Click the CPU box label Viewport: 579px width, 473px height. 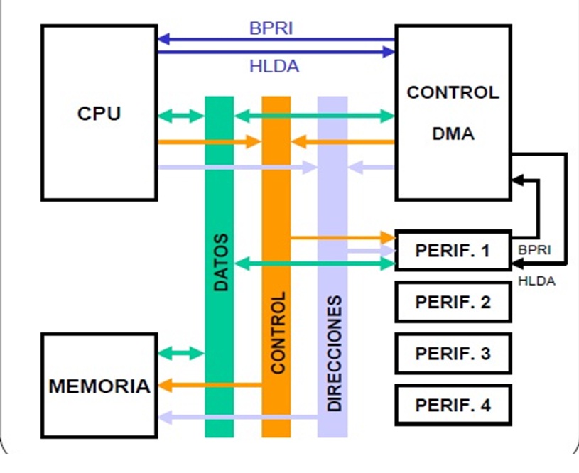pyautogui.click(x=99, y=113)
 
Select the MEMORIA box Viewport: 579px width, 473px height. pyautogui.click(x=99, y=386)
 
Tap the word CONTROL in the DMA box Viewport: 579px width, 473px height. pyautogui.click(x=453, y=92)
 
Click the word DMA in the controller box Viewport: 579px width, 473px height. pyautogui.click(x=453, y=133)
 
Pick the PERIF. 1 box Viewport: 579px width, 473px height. pyautogui.click(x=453, y=251)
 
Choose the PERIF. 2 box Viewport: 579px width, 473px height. pyautogui.click(x=453, y=302)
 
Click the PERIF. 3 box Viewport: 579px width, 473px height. pyautogui.click(x=453, y=353)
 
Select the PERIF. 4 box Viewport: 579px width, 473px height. pyautogui.click(x=453, y=406)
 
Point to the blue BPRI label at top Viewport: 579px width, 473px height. pyautogui.click(x=271, y=28)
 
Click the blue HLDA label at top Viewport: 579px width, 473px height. pyautogui.click(x=274, y=67)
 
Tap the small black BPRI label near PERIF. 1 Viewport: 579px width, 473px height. pyautogui.click(x=535, y=251)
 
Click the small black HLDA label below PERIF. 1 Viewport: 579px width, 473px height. pyautogui.click(x=537, y=281)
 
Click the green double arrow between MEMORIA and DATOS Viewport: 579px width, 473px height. pyautogui.click(x=181, y=352)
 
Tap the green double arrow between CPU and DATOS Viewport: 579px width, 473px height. pyautogui.click(x=181, y=116)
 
